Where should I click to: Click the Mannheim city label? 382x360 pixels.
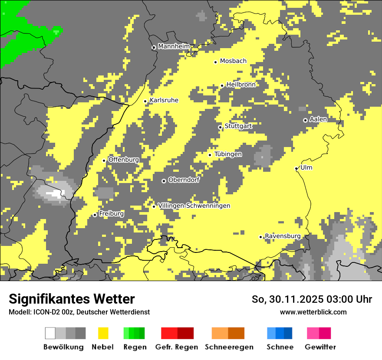(174, 46)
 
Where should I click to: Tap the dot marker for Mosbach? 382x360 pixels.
(215, 62)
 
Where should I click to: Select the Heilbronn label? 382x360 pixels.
(241, 85)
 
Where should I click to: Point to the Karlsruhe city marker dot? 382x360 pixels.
(145, 101)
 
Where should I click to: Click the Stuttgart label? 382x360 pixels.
(238, 126)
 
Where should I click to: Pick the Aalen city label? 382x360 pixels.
(318, 119)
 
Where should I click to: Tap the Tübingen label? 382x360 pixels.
(228, 154)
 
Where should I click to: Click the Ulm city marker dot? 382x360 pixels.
(296, 169)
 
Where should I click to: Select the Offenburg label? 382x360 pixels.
(124, 160)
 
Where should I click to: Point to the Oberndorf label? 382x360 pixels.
(184, 180)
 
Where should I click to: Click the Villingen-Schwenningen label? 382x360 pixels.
(194, 206)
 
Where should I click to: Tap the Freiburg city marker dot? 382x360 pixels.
(95, 215)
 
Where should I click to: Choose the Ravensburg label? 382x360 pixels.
(283, 236)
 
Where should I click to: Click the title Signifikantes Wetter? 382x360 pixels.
(72, 299)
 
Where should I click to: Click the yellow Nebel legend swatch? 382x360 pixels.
(103, 333)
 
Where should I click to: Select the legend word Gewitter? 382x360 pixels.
(320, 347)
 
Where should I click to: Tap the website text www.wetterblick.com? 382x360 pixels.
(313, 312)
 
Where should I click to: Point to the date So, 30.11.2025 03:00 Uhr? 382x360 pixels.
(312, 299)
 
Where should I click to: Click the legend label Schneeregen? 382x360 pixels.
(229, 347)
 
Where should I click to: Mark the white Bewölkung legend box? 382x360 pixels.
(50, 333)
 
